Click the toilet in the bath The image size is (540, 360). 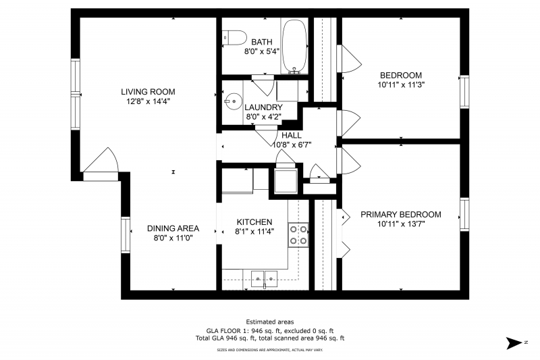234,37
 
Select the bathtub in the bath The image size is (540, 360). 294,46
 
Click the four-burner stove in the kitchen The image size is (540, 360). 298,235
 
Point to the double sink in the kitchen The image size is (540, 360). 264,278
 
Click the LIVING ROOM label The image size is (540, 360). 148,92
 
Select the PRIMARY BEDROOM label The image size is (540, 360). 401,214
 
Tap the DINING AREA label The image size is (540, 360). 173,228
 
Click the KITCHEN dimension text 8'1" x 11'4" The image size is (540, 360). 254,232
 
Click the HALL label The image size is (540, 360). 292,135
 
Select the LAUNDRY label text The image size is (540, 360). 263,107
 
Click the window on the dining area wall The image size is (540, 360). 126,235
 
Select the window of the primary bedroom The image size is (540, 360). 464,215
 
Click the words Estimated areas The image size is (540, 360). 270,322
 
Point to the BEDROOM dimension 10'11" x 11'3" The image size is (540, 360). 401,84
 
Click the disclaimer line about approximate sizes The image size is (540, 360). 269,350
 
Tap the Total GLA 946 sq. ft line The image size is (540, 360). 270,338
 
